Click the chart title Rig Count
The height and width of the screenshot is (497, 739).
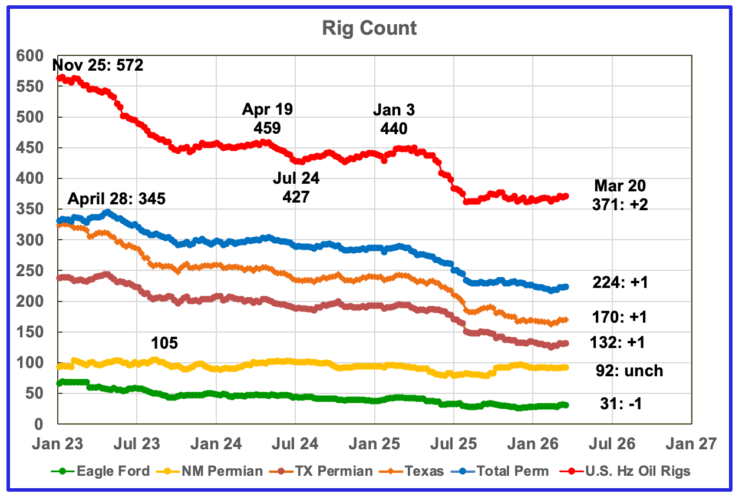click(x=369, y=28)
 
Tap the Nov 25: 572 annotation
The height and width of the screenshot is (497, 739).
click(x=98, y=65)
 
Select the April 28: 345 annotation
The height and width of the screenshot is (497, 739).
click(x=116, y=198)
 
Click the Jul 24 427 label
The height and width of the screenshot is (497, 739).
click(x=296, y=187)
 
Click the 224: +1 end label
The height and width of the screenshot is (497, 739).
click(x=619, y=283)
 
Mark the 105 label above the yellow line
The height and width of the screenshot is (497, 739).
click(x=164, y=343)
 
